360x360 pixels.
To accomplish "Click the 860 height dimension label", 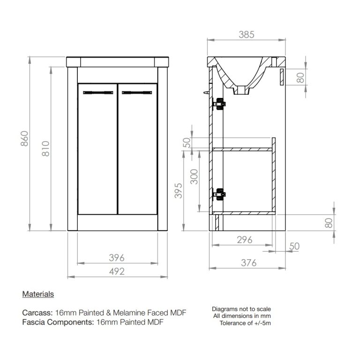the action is click(x=24, y=138).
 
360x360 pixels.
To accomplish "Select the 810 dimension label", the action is click(x=45, y=149).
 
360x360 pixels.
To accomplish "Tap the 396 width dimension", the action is click(x=117, y=258).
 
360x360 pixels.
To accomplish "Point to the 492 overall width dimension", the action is click(x=117, y=271).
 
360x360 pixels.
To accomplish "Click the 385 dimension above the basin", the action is click(x=247, y=35).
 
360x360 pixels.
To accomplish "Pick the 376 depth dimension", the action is click(x=248, y=263).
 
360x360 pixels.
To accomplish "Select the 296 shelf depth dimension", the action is click(x=245, y=240).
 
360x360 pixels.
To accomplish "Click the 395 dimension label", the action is click(x=179, y=191).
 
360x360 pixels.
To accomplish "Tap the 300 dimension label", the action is click(x=194, y=177).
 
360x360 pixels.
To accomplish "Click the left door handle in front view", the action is click(x=98, y=92).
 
